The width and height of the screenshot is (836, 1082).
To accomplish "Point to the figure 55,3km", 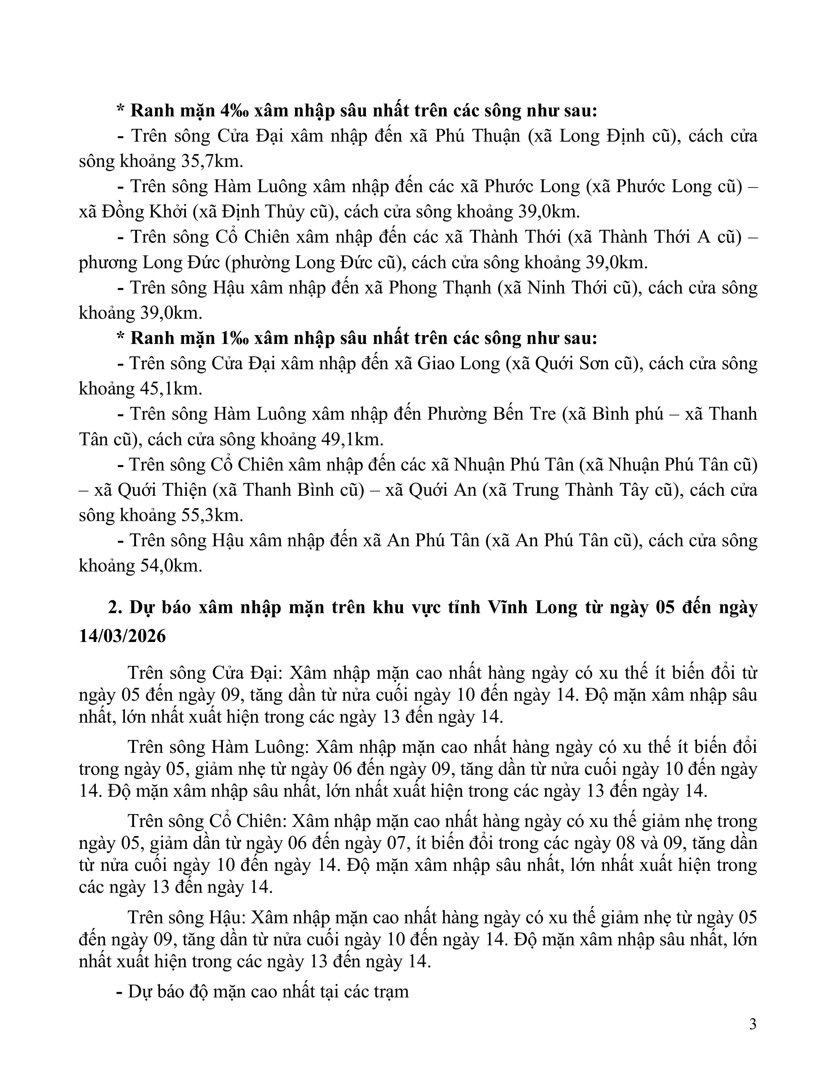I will [209, 515].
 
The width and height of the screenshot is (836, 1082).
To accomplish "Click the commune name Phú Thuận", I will [478, 136].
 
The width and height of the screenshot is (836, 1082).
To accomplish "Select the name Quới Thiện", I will [162, 490].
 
